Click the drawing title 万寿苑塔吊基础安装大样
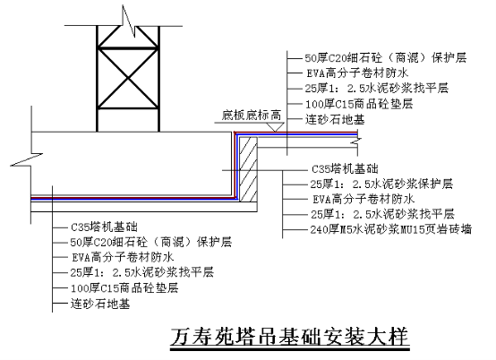click(290, 337)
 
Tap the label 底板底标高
click(252, 116)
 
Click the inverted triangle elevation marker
click(275, 127)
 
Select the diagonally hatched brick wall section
click(248, 169)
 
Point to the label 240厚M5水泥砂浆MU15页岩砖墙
click(391, 229)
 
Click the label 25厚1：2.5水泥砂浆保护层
click(381, 184)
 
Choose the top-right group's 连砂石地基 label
click(335, 120)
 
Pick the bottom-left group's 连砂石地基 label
click(100, 304)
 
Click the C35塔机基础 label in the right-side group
click(345, 169)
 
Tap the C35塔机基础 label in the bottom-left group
click(104, 227)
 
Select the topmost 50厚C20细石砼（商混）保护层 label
click(386, 58)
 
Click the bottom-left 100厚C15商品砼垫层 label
click(124, 288)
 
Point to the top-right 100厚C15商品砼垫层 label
click(359, 104)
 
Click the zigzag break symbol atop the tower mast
click(129, 21)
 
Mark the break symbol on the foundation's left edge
click(27, 159)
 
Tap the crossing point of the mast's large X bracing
click(128, 78)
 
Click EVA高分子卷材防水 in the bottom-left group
click(123, 257)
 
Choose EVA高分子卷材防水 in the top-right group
click(357, 73)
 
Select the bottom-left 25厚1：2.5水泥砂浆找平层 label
click(142, 272)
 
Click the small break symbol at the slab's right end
click(357, 142)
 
